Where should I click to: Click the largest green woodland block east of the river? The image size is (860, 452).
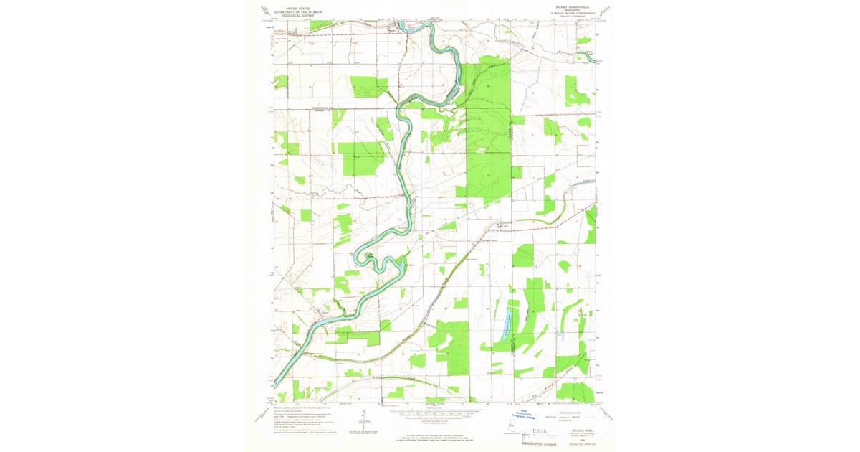[487, 129]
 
